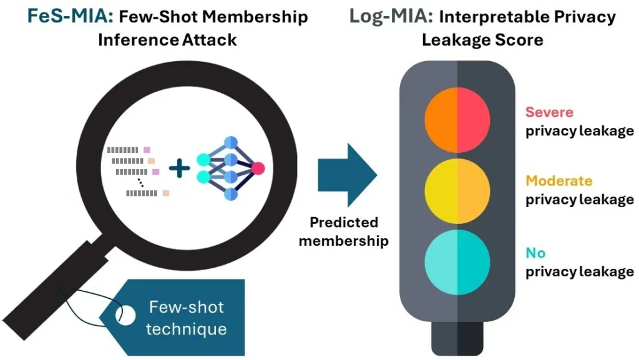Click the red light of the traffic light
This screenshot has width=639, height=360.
pos(457,120)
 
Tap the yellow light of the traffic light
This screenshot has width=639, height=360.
pos(457,191)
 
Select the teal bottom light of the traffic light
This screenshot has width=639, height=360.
pos(457,262)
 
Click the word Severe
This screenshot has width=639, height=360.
pos(549,112)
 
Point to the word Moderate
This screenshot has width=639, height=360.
pos(559,180)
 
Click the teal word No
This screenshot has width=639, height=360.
pos(535,253)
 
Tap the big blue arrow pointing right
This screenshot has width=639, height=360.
pos(347,175)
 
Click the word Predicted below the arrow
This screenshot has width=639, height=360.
pos(344,222)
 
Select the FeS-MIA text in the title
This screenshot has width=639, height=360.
pos(70,16)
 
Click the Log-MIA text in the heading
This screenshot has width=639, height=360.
pos(391,16)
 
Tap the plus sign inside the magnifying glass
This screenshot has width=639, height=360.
pos(179,168)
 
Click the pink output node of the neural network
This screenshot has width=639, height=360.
pos(258,168)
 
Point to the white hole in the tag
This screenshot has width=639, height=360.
pos(125,315)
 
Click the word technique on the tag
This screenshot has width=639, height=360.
pos(186,329)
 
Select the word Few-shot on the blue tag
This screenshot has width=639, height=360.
pos(186,307)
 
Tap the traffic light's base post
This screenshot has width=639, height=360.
pos(457,338)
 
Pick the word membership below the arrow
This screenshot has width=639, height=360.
pos(344,241)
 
